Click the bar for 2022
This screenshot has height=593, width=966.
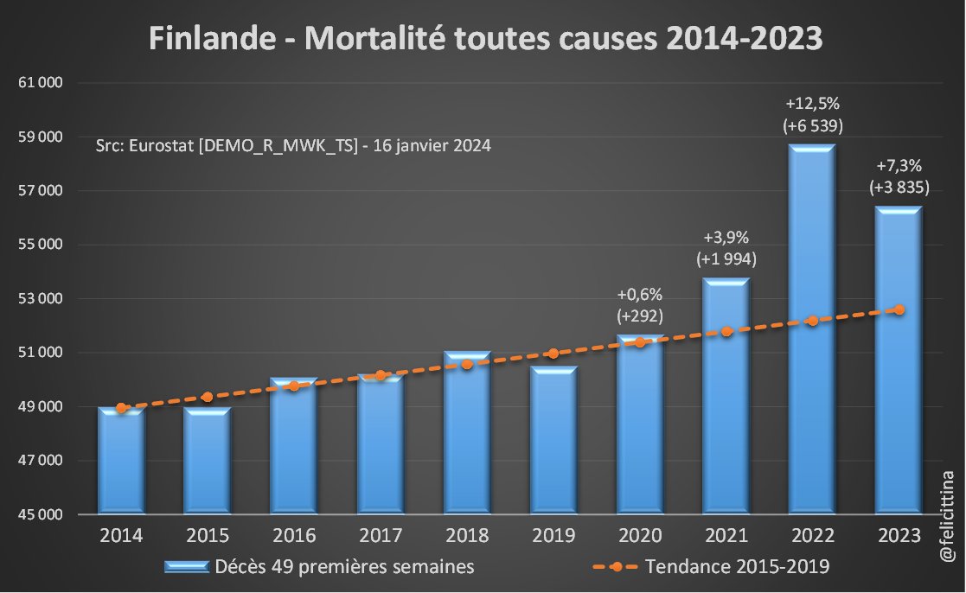(812, 328)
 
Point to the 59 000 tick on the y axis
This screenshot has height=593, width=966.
(42, 137)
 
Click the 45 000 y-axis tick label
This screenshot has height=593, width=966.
(42, 515)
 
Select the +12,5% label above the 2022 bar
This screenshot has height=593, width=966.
(812, 105)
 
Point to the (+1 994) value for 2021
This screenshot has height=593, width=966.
(726, 258)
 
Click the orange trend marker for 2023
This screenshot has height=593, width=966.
(899, 309)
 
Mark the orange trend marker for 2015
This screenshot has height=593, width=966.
(207, 397)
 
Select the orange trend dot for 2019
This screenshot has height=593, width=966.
(553, 354)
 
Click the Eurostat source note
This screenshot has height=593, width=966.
(293, 146)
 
